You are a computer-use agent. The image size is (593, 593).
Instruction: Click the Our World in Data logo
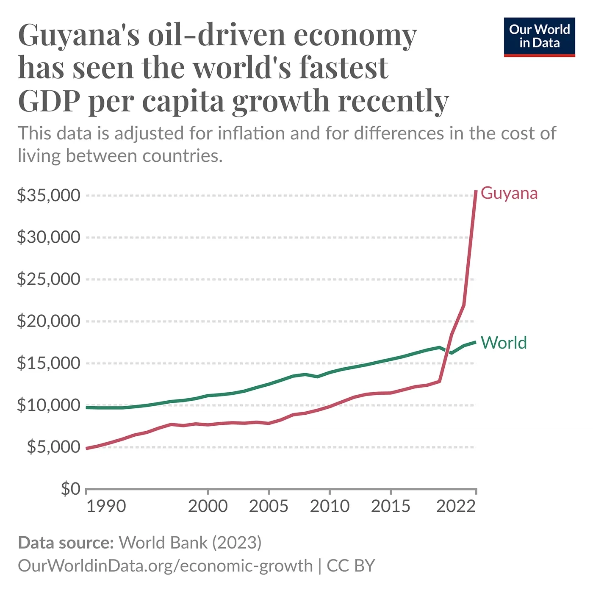tap(539, 37)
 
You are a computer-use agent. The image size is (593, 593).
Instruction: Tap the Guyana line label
tap(509, 193)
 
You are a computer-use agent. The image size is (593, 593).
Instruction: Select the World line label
tap(504, 343)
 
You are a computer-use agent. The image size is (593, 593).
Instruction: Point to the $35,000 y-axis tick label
tap(48, 195)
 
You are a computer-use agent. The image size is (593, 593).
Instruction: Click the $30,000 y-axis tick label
tap(48, 237)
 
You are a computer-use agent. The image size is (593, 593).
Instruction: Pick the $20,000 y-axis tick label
tap(48, 321)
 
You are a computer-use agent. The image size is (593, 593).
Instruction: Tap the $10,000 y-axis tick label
tap(48, 405)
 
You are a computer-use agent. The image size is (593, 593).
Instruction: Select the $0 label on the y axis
tap(70, 489)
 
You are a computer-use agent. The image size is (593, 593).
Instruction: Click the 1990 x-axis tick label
tap(106, 506)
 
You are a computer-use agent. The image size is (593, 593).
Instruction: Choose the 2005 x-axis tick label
tap(269, 506)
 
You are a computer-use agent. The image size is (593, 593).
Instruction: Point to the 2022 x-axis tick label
tap(456, 506)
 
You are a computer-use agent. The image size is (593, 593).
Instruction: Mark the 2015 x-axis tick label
tap(391, 506)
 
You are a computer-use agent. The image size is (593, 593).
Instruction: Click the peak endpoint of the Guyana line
tap(476, 191)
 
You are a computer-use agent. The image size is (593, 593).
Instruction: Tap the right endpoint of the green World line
tap(476, 342)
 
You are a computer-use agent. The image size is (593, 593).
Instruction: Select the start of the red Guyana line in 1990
tap(86, 448)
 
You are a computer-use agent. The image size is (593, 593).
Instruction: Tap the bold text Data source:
tap(66, 543)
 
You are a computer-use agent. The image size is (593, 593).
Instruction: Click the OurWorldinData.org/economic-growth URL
tap(165, 566)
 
